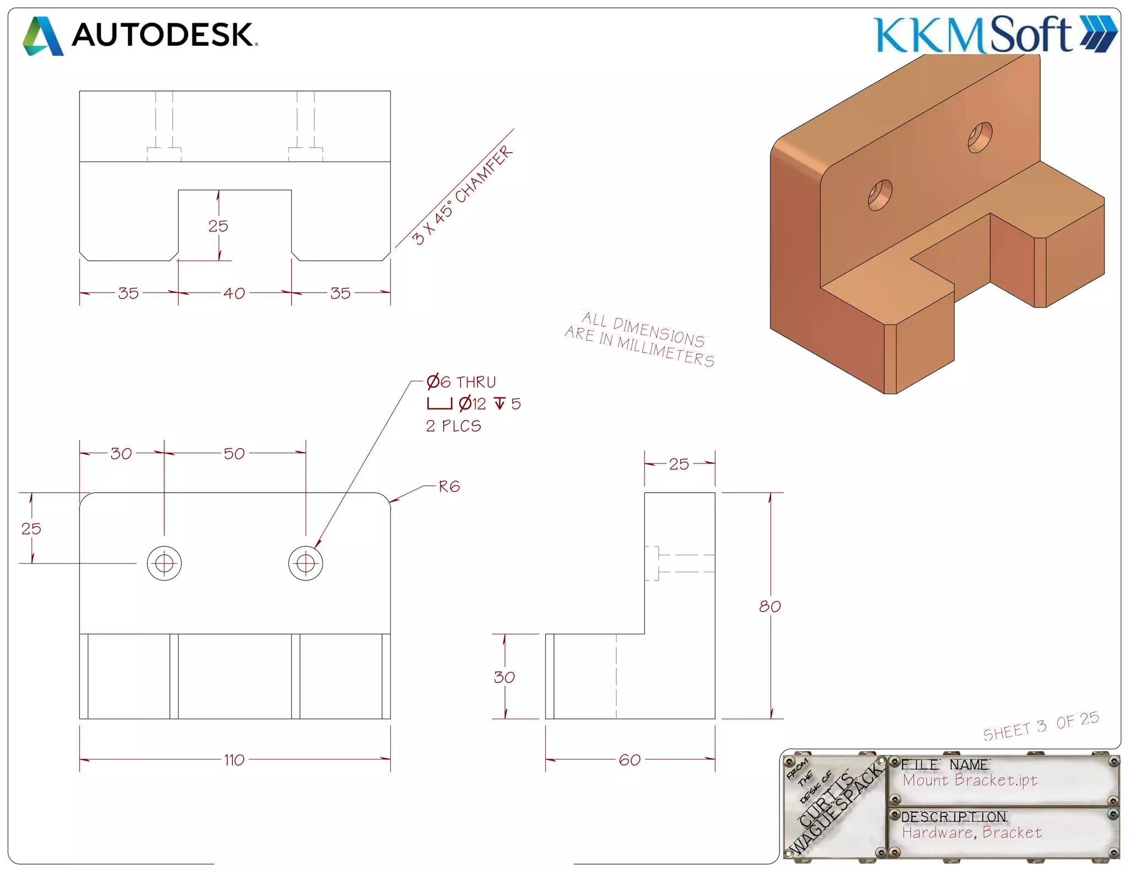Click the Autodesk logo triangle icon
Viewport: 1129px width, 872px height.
43,36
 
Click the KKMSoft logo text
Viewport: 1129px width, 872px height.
973,35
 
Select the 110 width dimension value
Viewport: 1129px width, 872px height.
234,760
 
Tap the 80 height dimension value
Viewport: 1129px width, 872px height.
770,606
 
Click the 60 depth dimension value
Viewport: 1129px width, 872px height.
630,760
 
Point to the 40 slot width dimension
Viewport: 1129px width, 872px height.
234,293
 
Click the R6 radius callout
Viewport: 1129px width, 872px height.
449,487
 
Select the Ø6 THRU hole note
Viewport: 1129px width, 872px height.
461,382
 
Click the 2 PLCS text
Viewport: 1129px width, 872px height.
453,426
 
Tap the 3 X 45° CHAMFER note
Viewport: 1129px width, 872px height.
462,196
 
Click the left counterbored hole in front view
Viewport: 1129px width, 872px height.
164,563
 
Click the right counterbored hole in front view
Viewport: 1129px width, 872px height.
305,563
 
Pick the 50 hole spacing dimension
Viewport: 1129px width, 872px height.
234,454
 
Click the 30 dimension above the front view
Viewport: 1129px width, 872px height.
121,454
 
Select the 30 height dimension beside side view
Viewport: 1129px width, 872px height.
504,677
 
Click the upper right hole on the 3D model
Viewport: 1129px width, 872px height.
980,137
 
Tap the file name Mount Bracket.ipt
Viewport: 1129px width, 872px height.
970,780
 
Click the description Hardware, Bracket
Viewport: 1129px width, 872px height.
972,832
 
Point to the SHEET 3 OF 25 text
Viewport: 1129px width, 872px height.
1041,726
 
